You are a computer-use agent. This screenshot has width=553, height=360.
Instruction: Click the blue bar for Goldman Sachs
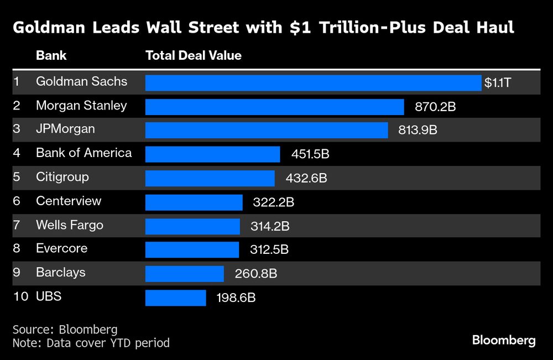313,83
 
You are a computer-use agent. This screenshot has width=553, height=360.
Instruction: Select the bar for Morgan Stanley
274,107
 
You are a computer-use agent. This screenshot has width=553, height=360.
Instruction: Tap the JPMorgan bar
267,131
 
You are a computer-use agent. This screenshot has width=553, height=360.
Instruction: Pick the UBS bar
175,298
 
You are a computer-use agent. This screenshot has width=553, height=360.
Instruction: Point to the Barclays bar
184,274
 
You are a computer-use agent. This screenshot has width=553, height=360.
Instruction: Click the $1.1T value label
498,83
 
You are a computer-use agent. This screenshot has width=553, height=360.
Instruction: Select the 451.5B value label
310,154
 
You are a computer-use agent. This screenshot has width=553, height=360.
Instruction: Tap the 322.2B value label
273,202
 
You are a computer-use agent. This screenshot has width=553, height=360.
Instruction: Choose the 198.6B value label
236,298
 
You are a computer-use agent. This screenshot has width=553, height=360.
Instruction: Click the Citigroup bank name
62,178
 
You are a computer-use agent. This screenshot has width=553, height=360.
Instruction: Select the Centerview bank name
69,201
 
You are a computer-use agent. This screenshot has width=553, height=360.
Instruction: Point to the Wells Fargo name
70,225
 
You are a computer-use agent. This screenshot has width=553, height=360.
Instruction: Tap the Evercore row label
61,248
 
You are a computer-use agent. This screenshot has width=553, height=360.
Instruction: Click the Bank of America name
84,153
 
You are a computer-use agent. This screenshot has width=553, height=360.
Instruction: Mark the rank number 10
20,296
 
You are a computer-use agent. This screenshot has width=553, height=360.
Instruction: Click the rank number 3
17,129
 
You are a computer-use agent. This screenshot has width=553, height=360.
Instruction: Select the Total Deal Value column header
193,56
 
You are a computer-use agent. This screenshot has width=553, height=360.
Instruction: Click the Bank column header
51,56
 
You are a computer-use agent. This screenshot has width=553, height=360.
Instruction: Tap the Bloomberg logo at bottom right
504,340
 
